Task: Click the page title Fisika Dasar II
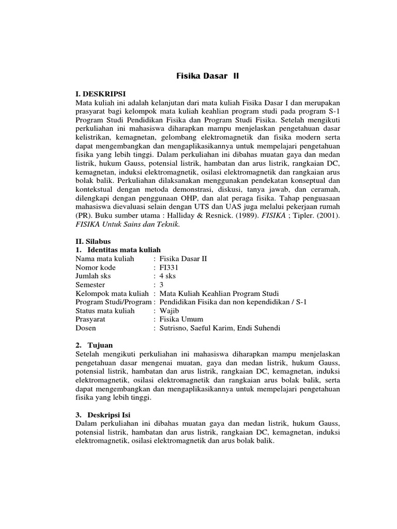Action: pyautogui.click(x=205, y=76)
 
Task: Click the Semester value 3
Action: pyautogui.click(x=162, y=285)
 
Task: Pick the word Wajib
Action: pyautogui.click(x=170, y=311)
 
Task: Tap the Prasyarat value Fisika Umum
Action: pyautogui.click(x=181, y=319)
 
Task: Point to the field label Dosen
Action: pyautogui.click(x=86, y=328)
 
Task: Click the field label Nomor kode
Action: pyautogui.click(x=96, y=268)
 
